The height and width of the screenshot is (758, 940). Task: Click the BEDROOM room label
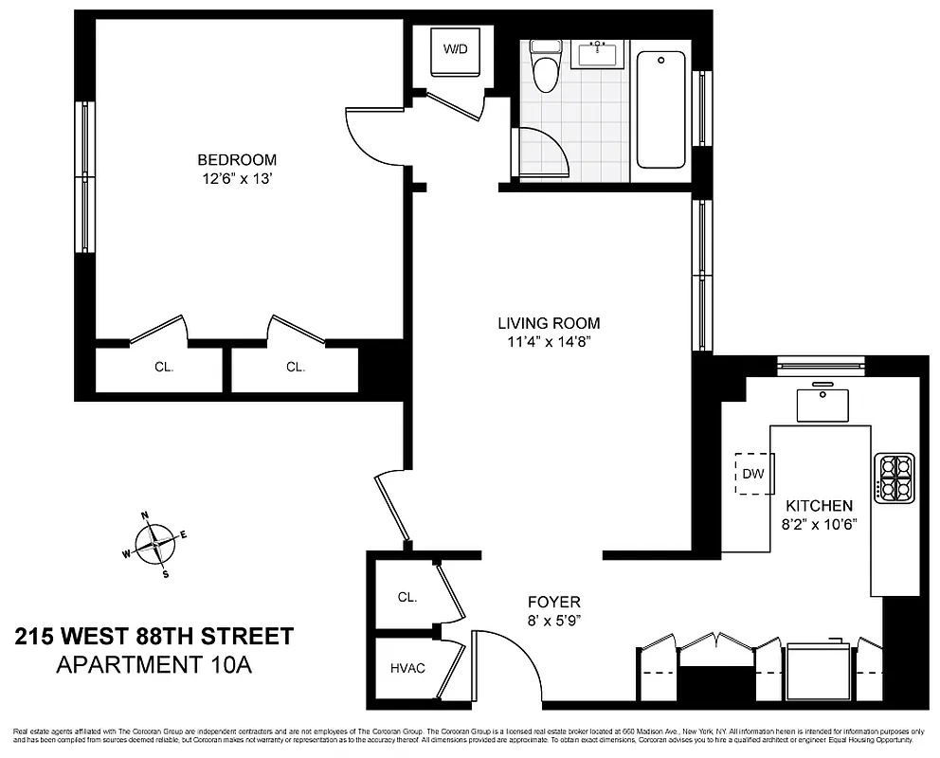[237, 159]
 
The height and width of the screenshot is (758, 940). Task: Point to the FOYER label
[553, 602]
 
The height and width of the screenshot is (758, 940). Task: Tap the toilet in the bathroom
[545, 68]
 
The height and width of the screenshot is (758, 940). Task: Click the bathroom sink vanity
[600, 54]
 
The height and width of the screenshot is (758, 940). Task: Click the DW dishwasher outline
[753, 473]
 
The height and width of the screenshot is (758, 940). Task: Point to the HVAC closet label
[407, 668]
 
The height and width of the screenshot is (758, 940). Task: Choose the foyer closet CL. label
[407, 597]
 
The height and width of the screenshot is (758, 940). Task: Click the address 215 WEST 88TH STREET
[154, 636]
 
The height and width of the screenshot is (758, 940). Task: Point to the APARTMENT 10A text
[154, 664]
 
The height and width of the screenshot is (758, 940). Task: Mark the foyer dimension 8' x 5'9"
[553, 620]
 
